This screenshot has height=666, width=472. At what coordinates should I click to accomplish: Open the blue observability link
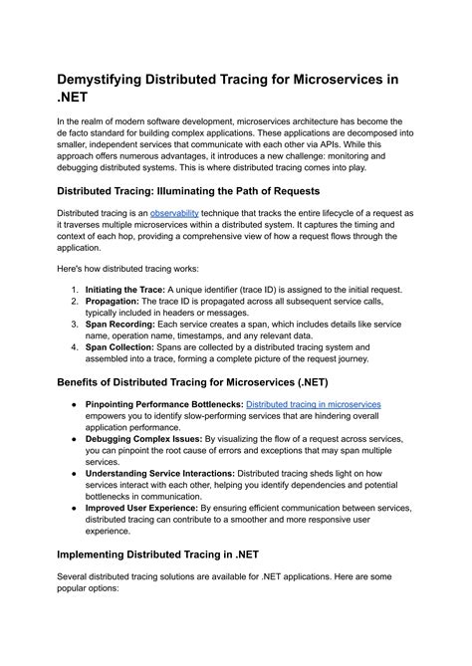(x=176, y=213)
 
